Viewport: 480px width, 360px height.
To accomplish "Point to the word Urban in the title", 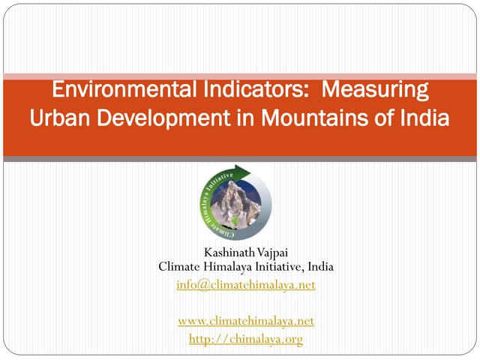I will [57, 118].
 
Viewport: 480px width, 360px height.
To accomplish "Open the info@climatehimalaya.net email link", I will [245, 285].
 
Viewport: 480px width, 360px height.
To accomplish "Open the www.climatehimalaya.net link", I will [245, 321].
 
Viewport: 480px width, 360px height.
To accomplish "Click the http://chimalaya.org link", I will [245, 339].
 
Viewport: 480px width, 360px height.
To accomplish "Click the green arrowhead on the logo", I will [245, 170].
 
